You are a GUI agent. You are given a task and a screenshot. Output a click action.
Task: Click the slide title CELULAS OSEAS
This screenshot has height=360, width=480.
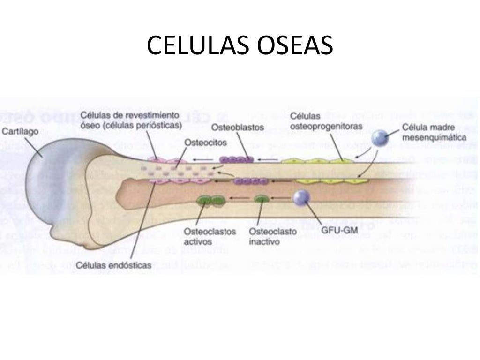point(240,46)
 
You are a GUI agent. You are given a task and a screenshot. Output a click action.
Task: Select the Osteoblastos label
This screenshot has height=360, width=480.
point(237,127)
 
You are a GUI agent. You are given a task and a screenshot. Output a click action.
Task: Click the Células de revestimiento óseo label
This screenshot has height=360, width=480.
point(130,120)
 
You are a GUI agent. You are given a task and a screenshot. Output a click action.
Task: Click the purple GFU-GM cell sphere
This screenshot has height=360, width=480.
point(301,198)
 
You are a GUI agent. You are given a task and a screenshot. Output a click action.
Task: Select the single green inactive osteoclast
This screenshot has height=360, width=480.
point(261,201)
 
